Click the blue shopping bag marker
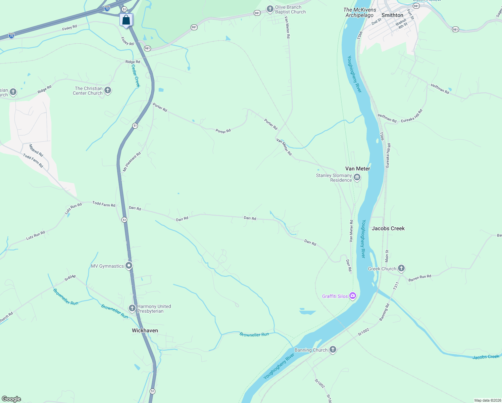click(x=126, y=20)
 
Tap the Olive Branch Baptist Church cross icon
click(x=270, y=9)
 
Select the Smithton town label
click(x=392, y=15)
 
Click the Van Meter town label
click(x=358, y=169)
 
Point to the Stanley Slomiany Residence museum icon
click(x=357, y=177)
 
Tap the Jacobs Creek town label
click(x=388, y=228)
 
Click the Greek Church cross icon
click(x=401, y=268)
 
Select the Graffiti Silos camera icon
click(x=353, y=296)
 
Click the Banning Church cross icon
click(x=333, y=350)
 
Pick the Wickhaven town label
click(x=145, y=330)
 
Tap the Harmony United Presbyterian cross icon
click(x=132, y=308)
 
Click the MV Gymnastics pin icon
click(x=129, y=266)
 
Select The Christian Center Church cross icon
click(x=108, y=90)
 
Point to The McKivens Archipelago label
click(x=360, y=12)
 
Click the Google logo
click(x=11, y=399)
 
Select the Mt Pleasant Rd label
click(x=132, y=162)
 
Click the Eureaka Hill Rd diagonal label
click(x=412, y=116)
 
